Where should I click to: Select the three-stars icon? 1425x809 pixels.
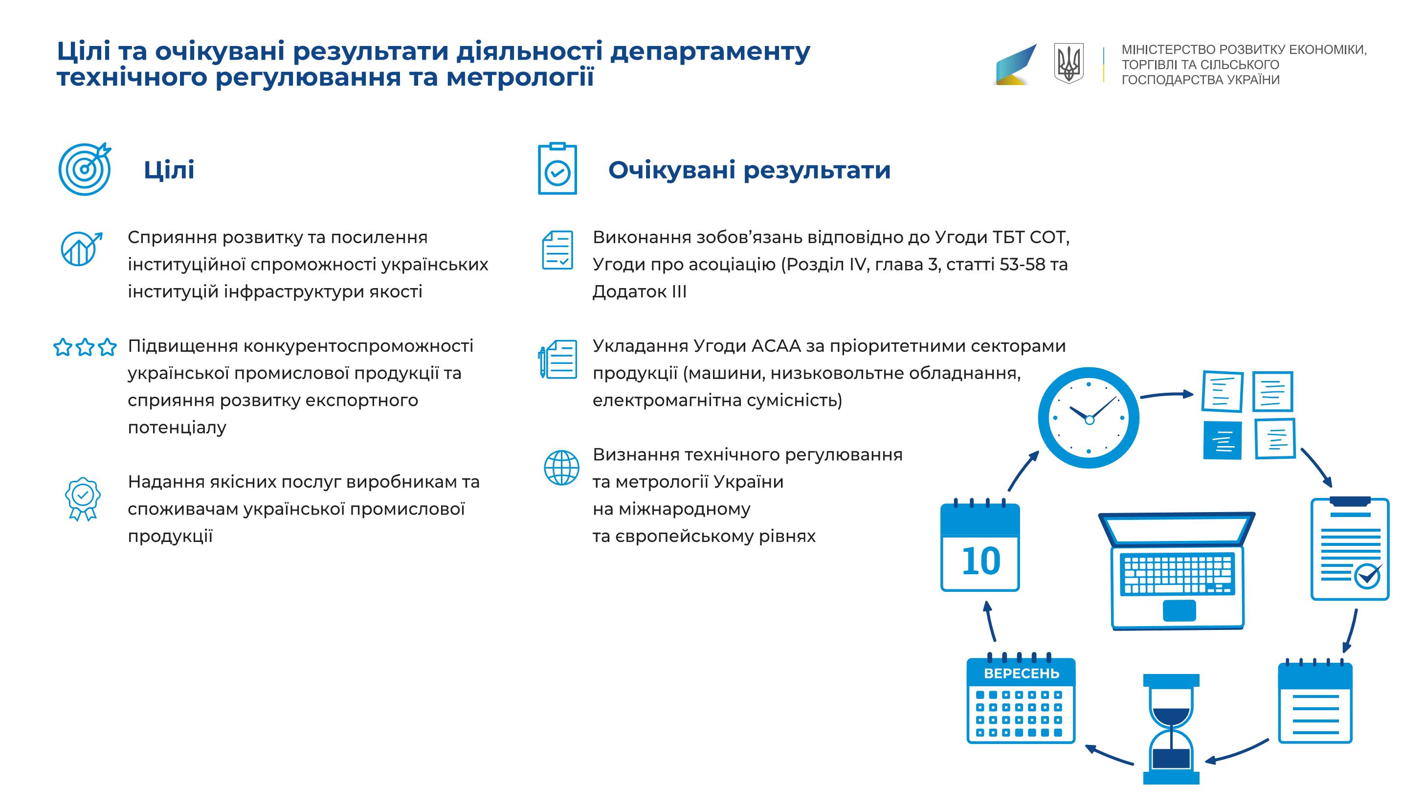coord(85,347)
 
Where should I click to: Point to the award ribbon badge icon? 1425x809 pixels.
coord(82,498)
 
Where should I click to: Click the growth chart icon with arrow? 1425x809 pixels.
coord(82,248)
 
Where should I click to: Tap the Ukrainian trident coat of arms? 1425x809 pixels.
coord(1069,64)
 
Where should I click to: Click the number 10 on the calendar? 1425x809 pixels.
coord(981,561)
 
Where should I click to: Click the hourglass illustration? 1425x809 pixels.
coord(1171,729)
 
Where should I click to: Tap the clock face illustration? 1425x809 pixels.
coord(1089,418)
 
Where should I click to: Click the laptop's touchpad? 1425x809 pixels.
coord(1179,610)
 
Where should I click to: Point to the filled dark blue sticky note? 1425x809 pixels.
coord(1222,441)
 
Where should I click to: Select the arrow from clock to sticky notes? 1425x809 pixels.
coord(1167,395)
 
